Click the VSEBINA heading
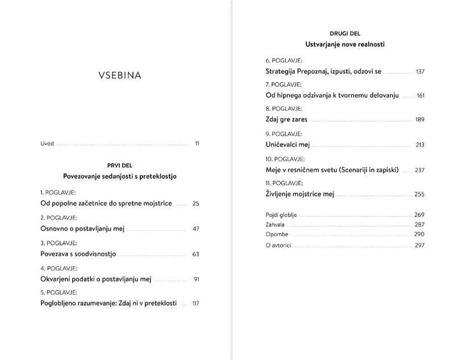119,75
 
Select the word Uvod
47,144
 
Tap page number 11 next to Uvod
197,144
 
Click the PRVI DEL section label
119,165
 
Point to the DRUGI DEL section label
345,34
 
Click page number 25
196,203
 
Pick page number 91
196,279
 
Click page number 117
196,304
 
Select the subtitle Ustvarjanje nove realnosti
345,44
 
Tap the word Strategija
283,72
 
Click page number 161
421,95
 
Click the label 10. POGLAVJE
285,159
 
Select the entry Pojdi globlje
281,215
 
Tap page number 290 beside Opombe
420,234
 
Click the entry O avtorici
279,245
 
